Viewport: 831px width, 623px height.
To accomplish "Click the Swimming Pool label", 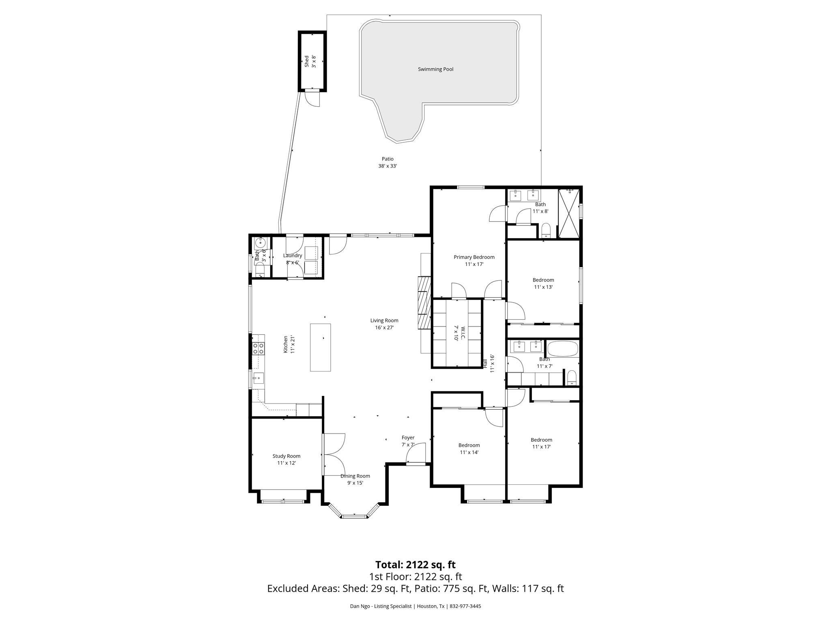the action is point(435,69).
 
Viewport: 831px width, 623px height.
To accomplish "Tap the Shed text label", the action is point(307,61).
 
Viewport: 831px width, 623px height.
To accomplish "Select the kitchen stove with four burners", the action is point(258,348).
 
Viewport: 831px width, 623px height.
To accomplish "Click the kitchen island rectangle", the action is point(320,347).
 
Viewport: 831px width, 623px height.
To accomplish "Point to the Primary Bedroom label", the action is point(474,257).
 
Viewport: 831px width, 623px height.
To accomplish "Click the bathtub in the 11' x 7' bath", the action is point(562,349).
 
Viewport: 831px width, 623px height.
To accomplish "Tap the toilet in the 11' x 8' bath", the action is point(546,230).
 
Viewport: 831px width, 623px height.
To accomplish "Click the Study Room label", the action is point(286,456).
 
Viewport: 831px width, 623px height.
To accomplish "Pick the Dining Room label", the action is point(355,476).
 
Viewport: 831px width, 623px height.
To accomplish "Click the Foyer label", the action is point(408,438).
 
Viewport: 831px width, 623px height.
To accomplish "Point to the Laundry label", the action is point(293,256).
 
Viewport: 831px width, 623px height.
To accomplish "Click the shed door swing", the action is point(312,99).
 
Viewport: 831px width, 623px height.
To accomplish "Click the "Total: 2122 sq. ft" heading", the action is point(415,565).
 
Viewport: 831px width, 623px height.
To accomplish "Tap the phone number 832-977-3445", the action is point(465,606).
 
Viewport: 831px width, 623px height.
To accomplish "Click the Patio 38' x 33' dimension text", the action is point(388,166).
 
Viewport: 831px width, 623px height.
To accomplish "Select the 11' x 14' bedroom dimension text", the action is point(469,452).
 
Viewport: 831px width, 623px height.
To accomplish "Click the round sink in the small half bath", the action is point(260,243).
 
